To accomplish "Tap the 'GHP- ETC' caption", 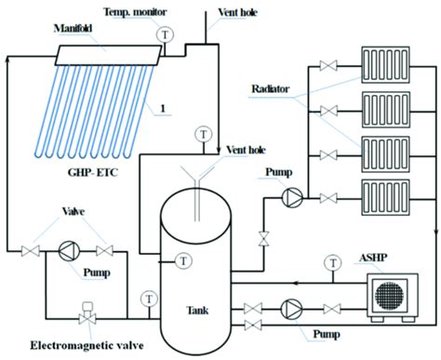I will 86,172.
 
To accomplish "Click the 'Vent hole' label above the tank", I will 247,149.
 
